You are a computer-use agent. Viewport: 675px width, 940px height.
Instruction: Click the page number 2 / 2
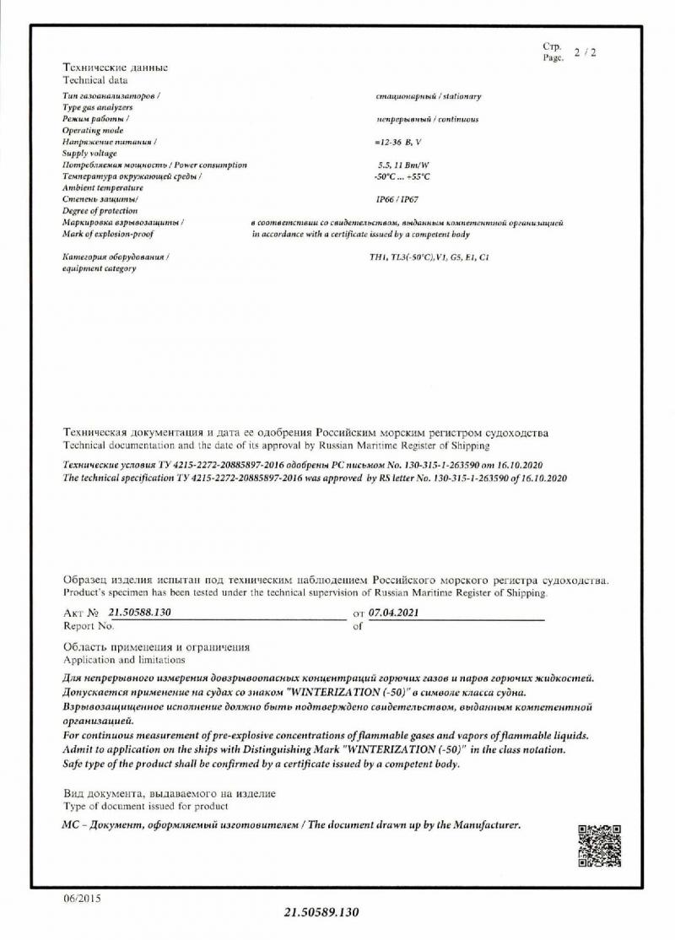[x=585, y=52]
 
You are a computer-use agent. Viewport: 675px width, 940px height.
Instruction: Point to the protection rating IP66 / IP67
[x=396, y=200]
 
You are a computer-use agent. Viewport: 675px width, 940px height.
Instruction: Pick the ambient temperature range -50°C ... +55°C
[x=402, y=176]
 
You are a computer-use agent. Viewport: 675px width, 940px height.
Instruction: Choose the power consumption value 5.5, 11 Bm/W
[x=404, y=165]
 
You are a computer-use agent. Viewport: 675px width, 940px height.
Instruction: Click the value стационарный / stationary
[x=428, y=97]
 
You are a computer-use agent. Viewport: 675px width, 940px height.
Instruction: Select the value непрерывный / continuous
[x=429, y=120]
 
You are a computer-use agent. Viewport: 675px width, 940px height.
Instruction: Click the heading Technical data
[x=95, y=80]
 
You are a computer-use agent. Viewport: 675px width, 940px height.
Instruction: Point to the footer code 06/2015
[x=82, y=899]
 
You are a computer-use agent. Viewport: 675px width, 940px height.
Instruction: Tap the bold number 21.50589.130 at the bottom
[x=321, y=913]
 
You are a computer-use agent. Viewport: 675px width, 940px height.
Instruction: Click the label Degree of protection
[x=100, y=210]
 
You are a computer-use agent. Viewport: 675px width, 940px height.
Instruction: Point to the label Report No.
[x=89, y=626]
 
